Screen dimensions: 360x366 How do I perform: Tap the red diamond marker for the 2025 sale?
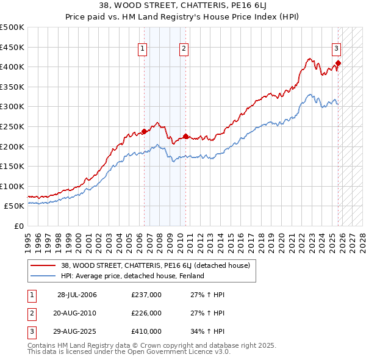338,62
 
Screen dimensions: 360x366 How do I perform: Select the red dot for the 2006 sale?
144,131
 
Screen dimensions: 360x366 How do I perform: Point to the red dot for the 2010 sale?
185,136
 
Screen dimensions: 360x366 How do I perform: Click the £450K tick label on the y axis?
12,47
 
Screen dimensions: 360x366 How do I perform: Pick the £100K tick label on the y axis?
12,186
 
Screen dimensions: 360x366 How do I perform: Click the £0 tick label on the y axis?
19,226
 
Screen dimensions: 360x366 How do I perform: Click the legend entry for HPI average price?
132,276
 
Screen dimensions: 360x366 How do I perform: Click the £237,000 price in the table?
146,295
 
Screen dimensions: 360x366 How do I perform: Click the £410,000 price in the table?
146,331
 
